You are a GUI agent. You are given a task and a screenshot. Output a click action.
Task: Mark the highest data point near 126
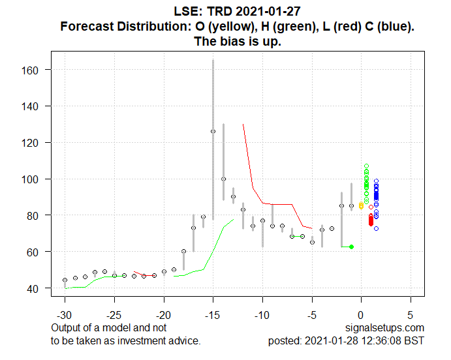213,131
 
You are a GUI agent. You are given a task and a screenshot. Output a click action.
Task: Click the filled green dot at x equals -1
351,247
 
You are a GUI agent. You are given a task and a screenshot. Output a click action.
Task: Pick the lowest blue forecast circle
376,228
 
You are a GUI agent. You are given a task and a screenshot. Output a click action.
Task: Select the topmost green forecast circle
366,166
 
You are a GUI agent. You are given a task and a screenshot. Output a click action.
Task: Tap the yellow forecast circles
361,206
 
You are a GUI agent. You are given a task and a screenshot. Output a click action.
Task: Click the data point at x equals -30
65,280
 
